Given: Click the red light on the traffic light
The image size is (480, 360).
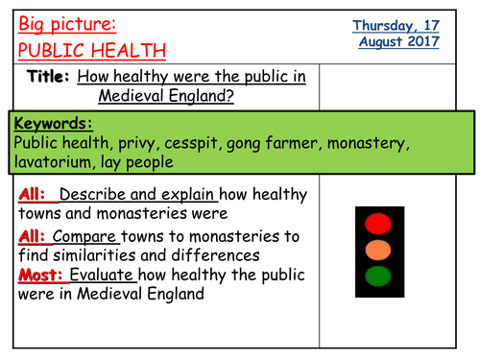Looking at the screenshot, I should point(379,224).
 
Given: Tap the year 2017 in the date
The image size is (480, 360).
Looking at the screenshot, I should point(420,41).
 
